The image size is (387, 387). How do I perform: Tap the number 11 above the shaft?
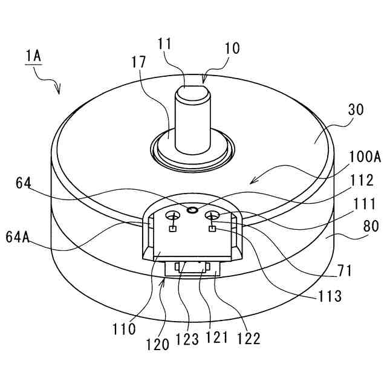tap(164, 44)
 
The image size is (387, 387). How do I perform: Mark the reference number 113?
tap(331, 296)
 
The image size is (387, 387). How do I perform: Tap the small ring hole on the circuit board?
tap(192, 210)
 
